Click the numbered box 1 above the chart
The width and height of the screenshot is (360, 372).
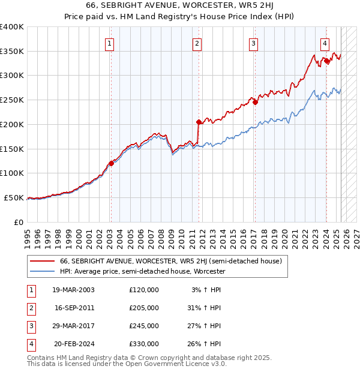(110, 43)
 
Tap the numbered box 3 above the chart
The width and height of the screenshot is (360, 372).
(254, 43)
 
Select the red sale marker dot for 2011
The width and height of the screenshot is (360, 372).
(197, 121)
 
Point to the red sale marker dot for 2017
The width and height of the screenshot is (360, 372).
(255, 102)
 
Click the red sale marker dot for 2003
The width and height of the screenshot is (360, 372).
(111, 163)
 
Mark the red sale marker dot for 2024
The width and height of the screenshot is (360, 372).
(326, 61)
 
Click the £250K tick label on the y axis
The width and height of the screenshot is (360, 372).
(12, 100)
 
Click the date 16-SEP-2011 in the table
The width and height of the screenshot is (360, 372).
(74, 308)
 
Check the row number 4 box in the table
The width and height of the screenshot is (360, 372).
(31, 344)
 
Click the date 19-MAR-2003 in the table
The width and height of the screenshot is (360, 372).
(74, 290)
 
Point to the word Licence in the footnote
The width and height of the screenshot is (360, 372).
(193, 364)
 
